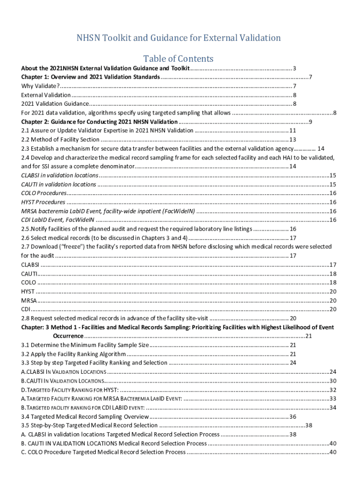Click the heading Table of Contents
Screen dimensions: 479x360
tap(178, 58)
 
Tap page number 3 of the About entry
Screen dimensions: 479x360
tap(295, 68)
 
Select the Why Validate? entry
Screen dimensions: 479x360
tap(40, 86)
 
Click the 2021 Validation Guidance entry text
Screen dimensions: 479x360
tap(55, 103)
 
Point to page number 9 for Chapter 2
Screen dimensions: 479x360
tap(310, 122)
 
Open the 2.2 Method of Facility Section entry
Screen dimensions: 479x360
tap(60, 139)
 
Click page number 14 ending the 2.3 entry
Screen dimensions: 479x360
tap(321, 148)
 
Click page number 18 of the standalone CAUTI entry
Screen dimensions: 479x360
tap(333, 274)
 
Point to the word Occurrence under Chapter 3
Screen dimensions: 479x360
tap(68, 336)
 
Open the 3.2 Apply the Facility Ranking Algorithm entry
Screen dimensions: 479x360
tap(73, 354)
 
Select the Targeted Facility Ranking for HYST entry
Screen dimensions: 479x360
tap(70, 390)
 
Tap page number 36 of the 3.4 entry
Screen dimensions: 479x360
tap(293, 416)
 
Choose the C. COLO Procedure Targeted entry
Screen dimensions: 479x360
tap(103, 452)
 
